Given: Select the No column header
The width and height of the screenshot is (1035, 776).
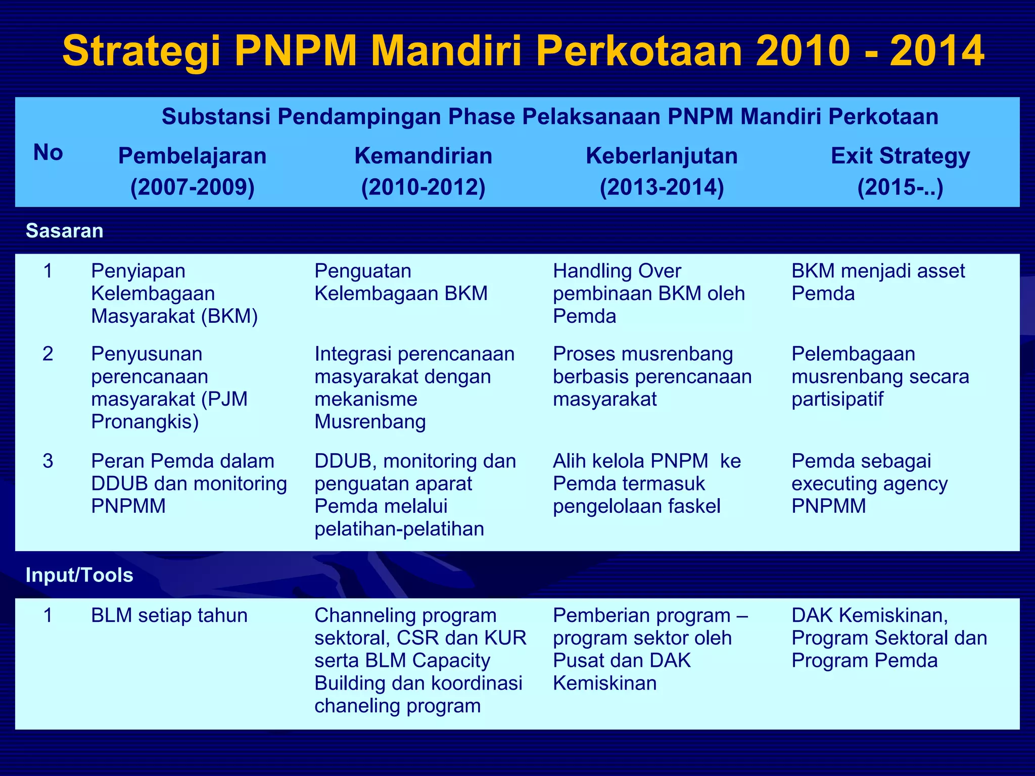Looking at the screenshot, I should click(x=48, y=153).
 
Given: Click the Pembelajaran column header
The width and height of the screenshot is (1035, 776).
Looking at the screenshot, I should click(x=192, y=156).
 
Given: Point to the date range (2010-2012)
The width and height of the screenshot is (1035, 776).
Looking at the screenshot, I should click(x=423, y=187).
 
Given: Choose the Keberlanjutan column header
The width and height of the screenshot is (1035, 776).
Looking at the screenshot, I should click(x=662, y=156).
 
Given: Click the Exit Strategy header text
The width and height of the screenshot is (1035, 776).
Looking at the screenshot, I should click(x=900, y=156).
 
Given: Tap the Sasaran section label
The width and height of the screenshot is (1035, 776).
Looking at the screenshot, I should click(x=65, y=231).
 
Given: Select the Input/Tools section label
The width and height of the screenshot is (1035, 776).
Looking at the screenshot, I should click(x=79, y=575).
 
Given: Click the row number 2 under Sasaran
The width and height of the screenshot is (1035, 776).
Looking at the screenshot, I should click(x=48, y=354).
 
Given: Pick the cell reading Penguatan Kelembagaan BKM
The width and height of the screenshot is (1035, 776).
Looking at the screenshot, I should click(x=401, y=282).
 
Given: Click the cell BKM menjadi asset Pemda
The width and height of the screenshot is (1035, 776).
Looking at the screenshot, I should click(x=878, y=282).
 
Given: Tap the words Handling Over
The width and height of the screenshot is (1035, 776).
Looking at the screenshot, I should click(x=617, y=271).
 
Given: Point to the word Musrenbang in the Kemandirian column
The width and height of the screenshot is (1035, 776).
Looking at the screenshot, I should click(x=370, y=422).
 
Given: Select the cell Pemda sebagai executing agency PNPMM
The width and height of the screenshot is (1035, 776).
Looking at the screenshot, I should click(x=869, y=483).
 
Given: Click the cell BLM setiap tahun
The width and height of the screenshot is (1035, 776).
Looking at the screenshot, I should click(x=169, y=616).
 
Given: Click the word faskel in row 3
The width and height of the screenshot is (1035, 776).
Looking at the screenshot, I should click(x=695, y=506).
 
